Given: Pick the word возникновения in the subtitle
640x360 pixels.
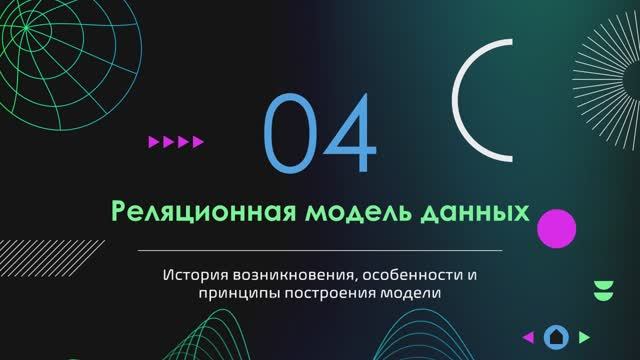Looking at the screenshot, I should pyautogui.click(x=290, y=273).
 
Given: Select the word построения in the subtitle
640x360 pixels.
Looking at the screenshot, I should pyautogui.click(x=330, y=293).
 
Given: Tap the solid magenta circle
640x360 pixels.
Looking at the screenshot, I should pyautogui.click(x=556, y=229).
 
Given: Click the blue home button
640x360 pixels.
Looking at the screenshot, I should pyautogui.click(x=557, y=336).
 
